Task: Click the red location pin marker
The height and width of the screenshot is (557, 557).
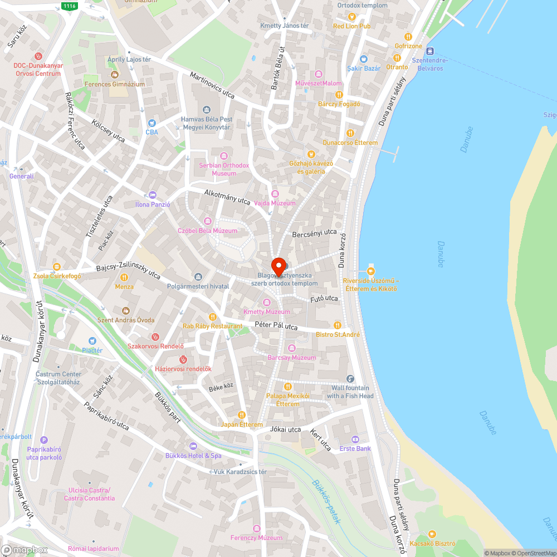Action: [278, 266]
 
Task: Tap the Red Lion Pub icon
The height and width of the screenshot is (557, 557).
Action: [351, 17]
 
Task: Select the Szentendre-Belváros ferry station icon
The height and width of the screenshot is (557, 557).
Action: [431, 51]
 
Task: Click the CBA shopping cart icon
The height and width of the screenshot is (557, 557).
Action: [152, 123]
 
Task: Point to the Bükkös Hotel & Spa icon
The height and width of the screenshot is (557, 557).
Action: [193, 446]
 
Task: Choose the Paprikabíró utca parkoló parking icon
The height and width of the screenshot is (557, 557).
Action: [45, 440]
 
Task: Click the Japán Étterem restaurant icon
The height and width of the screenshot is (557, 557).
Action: [242, 415]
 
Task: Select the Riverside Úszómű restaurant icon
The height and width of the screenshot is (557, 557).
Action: [371, 271]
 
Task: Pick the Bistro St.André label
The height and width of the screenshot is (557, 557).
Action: [338, 334]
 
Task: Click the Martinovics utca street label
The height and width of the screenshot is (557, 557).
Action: [212, 86]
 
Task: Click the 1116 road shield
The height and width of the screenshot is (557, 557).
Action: [69, 6]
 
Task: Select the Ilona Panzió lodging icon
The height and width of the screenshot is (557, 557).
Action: [153, 195]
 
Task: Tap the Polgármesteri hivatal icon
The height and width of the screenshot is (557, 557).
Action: [198, 277]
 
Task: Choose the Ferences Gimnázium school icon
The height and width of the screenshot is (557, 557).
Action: [115, 75]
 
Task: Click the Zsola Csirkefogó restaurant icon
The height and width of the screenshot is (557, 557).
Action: [56, 267]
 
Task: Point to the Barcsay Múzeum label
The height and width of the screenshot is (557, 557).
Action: [291, 358]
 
